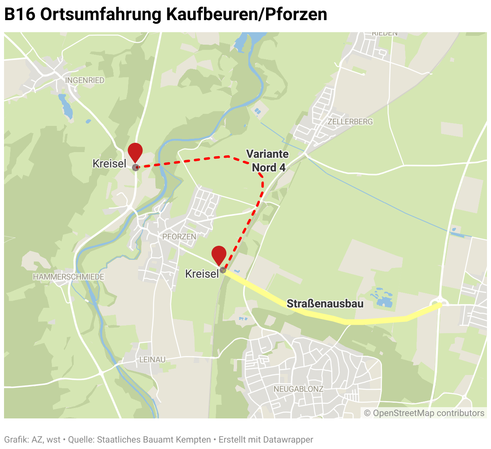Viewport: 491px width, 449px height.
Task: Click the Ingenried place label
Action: [85, 80]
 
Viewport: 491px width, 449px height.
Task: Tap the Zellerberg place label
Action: [350, 122]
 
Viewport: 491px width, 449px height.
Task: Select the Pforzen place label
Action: [179, 237]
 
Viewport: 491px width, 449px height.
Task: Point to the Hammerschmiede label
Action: [69, 277]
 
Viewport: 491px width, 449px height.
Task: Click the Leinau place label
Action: [152, 359]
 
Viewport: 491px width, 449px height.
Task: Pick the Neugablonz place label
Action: [299, 389]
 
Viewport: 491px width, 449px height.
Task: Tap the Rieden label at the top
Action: [385, 34]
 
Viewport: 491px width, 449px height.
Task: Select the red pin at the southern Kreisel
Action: [219, 255]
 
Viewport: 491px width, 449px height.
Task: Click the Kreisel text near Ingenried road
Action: [109, 164]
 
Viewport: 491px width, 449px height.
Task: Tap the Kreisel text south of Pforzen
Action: [202, 274]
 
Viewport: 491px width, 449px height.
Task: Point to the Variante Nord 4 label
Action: [268, 161]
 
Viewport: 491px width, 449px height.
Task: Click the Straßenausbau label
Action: [325, 304]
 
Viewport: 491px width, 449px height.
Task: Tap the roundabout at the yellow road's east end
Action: [439, 302]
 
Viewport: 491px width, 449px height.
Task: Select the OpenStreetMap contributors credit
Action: [424, 413]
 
